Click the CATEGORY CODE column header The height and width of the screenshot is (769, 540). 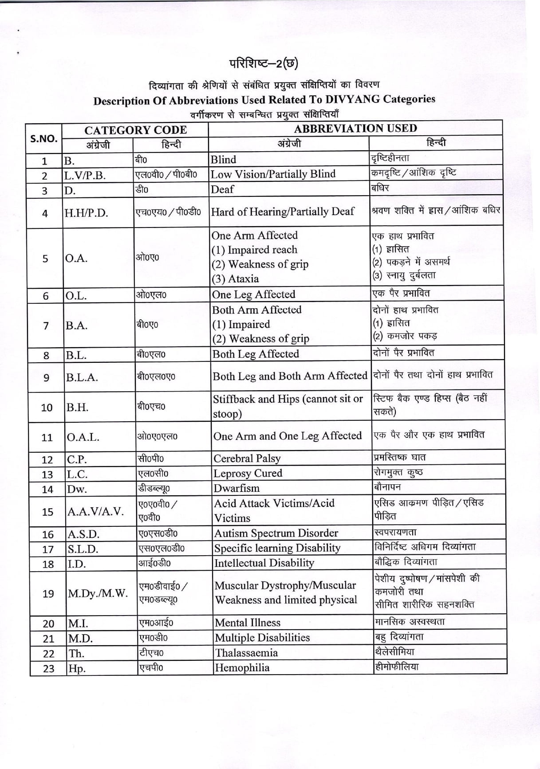(x=135, y=130)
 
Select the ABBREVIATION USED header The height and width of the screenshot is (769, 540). (x=355, y=129)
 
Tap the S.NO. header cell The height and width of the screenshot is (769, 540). (x=43, y=138)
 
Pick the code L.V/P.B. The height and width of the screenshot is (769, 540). (x=85, y=176)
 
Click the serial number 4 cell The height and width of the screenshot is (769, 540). (x=45, y=213)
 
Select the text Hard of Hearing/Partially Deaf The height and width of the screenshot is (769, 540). (x=283, y=212)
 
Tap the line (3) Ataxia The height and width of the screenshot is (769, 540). (x=235, y=279)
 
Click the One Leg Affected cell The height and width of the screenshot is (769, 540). (x=254, y=294)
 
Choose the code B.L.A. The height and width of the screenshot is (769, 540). (x=82, y=378)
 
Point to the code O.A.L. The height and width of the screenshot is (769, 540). (x=83, y=437)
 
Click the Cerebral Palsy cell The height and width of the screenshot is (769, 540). (x=247, y=458)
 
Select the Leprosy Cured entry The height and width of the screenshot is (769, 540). (x=248, y=473)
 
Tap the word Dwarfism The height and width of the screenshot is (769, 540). (x=236, y=488)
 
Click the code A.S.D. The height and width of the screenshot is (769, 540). (x=83, y=534)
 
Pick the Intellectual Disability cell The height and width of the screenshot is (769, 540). (x=264, y=563)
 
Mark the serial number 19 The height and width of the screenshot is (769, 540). (x=48, y=593)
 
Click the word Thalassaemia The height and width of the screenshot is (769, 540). (x=246, y=653)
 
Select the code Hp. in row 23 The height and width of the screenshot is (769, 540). (x=76, y=668)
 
